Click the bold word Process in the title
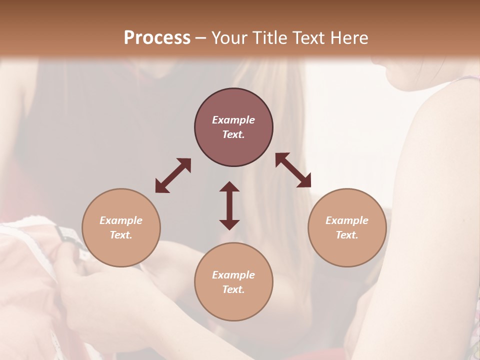point(157,38)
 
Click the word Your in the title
point(228,38)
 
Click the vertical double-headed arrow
point(229,205)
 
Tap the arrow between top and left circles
point(173,175)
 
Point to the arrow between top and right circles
point(293,170)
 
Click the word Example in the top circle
point(233,120)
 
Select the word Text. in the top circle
point(233,134)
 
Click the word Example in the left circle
point(121,220)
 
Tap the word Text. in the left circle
point(121,235)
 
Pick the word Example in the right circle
point(347,220)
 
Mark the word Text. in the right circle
point(347,235)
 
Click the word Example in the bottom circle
point(233,275)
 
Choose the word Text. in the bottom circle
point(233,289)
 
